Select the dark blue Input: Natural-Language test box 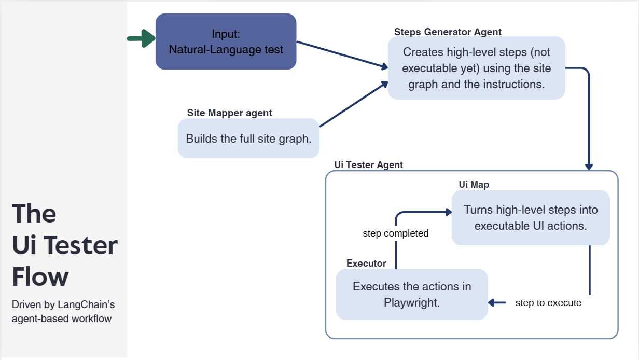(226, 41)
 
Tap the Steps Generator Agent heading (448, 32)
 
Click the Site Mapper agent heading (229, 113)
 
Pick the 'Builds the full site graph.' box (248, 139)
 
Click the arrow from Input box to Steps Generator (342, 54)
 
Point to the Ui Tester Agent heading (368, 165)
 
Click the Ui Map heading (474, 184)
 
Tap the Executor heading (366, 263)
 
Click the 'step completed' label (395, 233)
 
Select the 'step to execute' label (548, 302)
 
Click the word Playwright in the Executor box (412, 302)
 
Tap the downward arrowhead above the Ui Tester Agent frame (589, 166)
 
